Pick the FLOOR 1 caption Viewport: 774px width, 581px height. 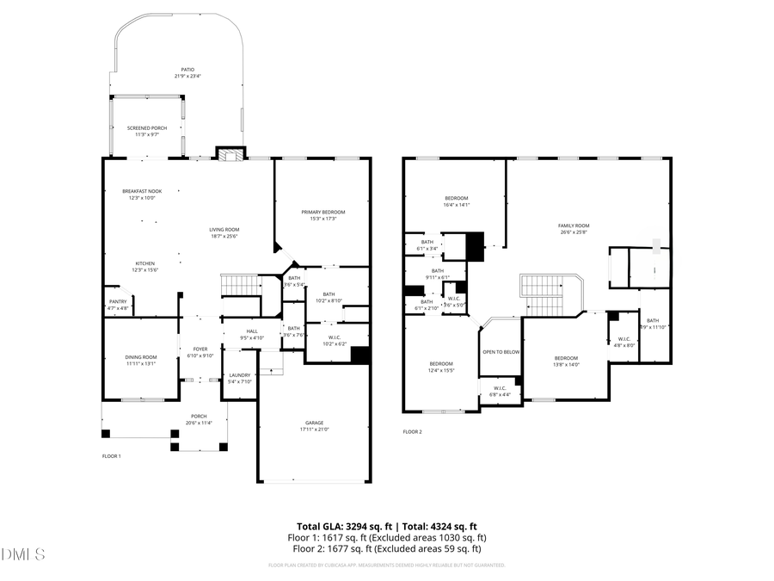[112, 455]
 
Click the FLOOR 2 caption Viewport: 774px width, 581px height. [413, 432]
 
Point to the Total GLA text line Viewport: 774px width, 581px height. [386, 526]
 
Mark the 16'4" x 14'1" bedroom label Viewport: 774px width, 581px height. [456, 201]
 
